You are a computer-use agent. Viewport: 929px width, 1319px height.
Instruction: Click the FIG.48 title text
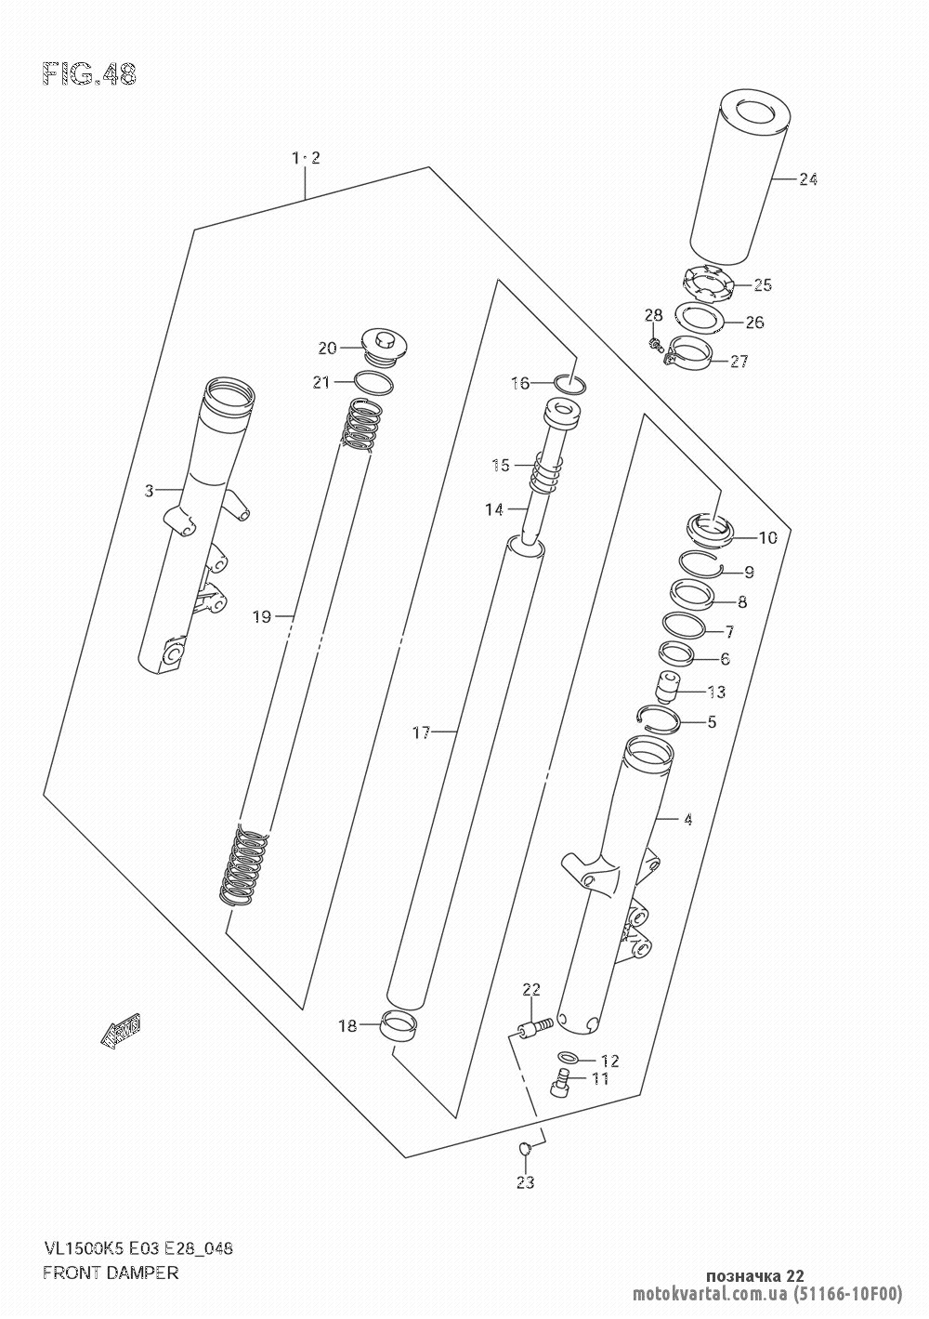pyautogui.click(x=89, y=75)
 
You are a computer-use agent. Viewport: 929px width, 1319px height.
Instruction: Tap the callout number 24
pyautogui.click(x=808, y=179)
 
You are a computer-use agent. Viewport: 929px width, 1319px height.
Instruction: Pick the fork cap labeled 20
pyautogui.click(x=383, y=349)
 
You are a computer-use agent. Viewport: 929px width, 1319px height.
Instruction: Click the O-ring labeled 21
pyautogui.click(x=373, y=383)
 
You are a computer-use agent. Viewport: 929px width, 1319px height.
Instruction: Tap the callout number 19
pyautogui.click(x=262, y=617)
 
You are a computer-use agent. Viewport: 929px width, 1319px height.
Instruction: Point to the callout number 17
pyautogui.click(x=422, y=733)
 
